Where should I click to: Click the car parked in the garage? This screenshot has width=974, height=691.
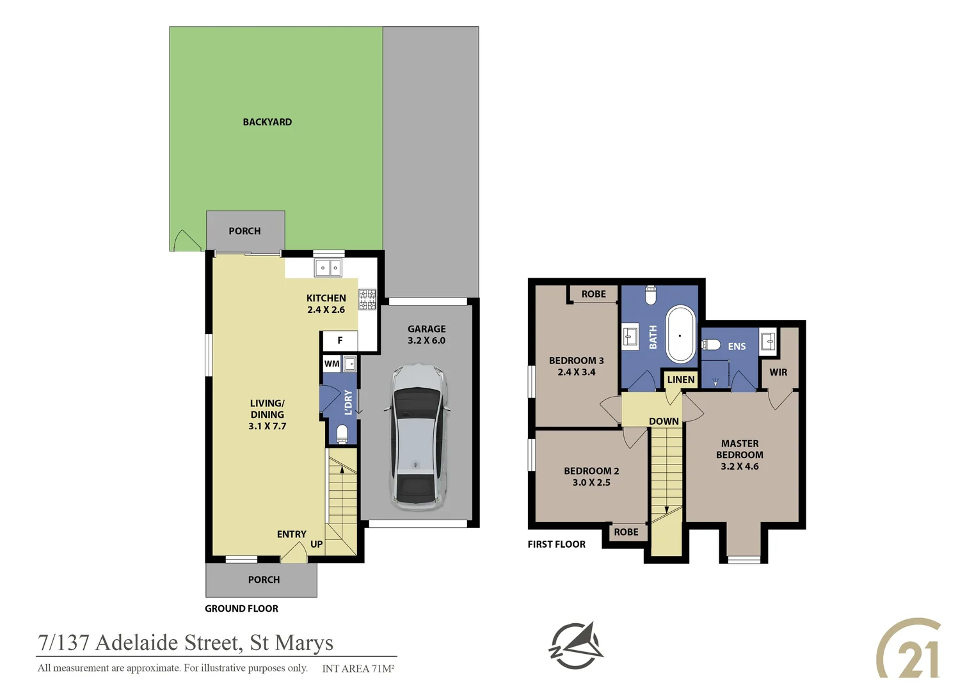point(417,438)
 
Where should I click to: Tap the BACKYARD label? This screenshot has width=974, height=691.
point(267,122)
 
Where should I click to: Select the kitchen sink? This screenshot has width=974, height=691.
point(328,267)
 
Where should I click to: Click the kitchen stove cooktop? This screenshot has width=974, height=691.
point(367,299)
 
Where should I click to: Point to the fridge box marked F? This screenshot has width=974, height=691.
point(340,341)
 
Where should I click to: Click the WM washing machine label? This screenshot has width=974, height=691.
point(331,364)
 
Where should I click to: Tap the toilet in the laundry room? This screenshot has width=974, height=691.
point(342,434)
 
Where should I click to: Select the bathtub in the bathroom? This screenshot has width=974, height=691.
point(680,335)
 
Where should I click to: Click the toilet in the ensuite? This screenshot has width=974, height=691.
point(711,345)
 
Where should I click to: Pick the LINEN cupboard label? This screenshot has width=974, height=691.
point(680,380)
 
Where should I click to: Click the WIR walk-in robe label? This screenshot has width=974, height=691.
point(778,372)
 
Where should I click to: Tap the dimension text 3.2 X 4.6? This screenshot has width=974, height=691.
point(740,466)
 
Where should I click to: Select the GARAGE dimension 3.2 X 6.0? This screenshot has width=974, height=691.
point(426,340)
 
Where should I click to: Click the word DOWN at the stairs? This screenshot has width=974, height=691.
point(664,422)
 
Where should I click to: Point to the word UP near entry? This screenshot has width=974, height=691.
point(316,544)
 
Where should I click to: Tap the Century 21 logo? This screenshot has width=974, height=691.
point(909,649)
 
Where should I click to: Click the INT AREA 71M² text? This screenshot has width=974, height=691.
point(358,669)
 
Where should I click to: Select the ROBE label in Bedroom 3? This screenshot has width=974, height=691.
point(593,294)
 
